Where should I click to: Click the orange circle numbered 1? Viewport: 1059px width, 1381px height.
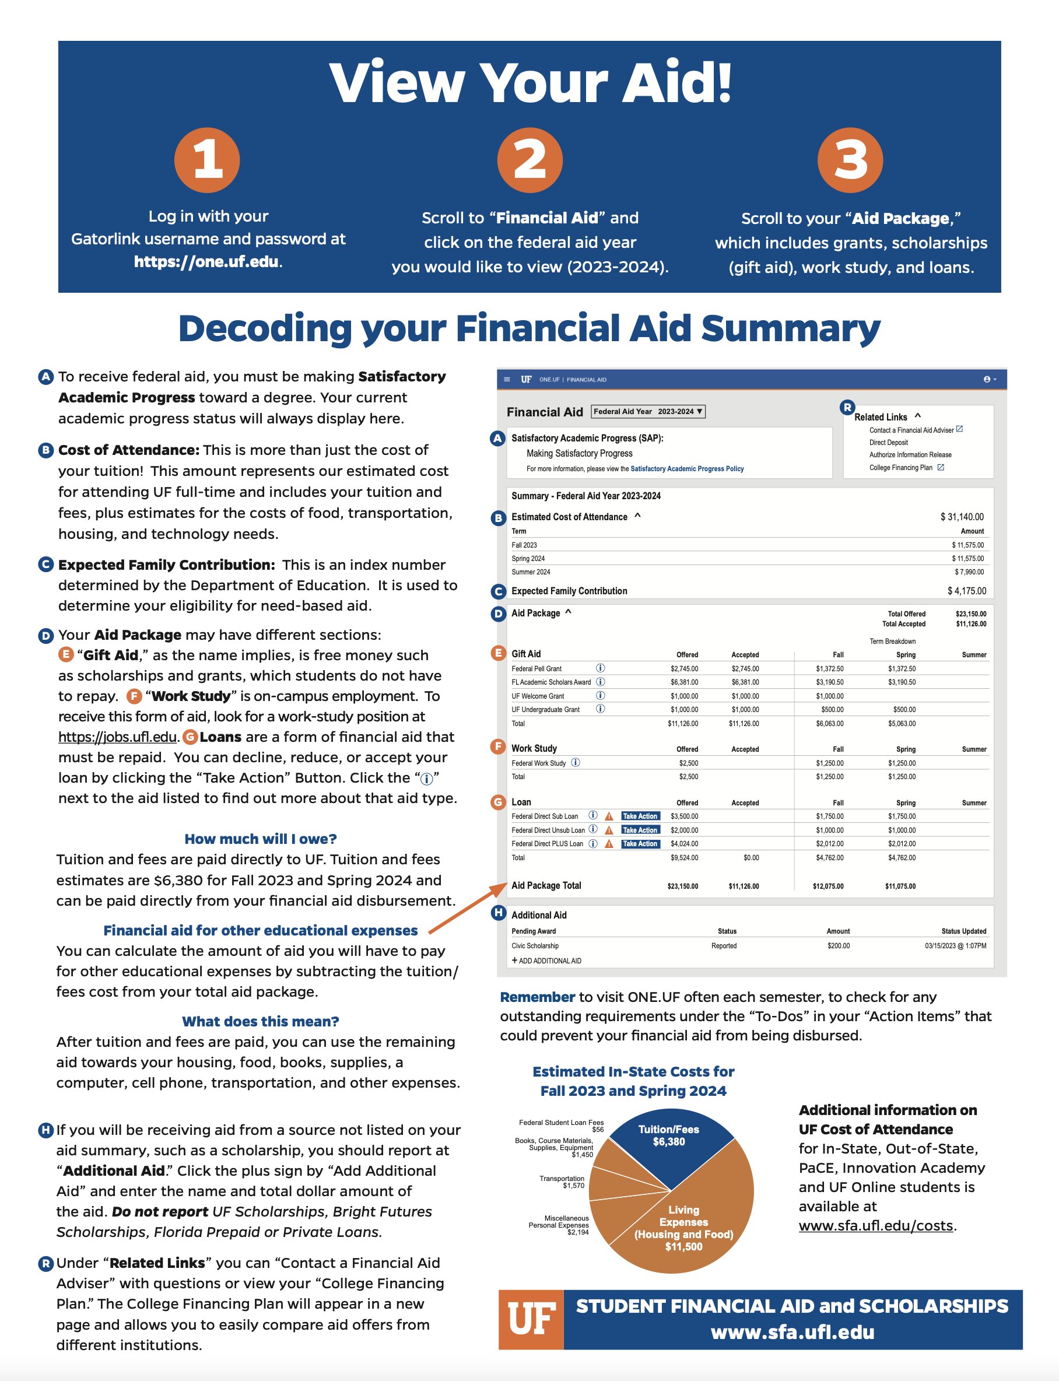[x=207, y=160]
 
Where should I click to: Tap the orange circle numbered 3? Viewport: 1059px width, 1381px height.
[x=850, y=160]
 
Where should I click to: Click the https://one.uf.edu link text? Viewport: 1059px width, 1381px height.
[x=206, y=262]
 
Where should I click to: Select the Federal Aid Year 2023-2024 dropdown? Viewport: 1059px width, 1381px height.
[x=648, y=412]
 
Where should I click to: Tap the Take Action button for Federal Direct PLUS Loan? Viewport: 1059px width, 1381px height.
[x=640, y=844]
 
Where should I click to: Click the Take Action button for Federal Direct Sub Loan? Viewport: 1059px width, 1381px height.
[x=640, y=816]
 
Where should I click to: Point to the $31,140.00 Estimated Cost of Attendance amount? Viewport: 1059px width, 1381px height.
[x=962, y=517]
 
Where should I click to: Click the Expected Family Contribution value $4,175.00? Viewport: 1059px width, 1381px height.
[x=966, y=591]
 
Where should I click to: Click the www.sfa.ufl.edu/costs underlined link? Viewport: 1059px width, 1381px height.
[x=875, y=1226]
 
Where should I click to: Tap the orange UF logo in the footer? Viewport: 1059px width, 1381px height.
[x=531, y=1319]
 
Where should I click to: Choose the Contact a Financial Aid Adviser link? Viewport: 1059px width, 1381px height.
[x=911, y=430]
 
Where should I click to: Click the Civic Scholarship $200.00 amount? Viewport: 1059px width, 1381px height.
[x=839, y=946]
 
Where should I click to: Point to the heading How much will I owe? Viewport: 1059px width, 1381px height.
[x=260, y=839]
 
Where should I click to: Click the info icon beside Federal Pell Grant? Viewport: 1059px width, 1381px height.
[x=600, y=668]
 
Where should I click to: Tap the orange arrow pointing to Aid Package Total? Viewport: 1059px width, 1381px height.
[x=468, y=908]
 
